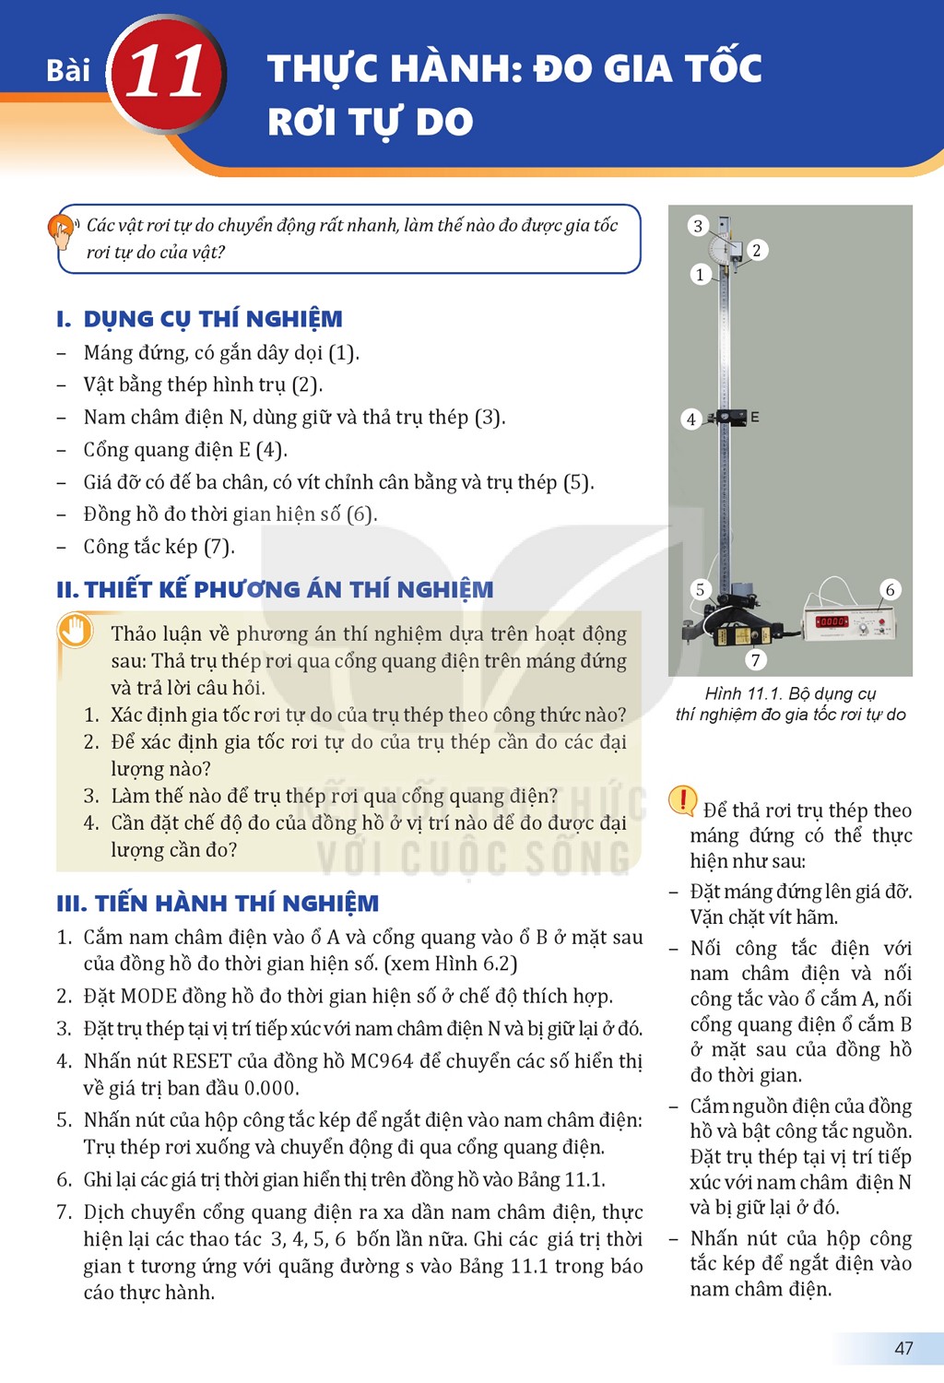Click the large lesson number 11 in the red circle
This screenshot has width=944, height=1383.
tap(165, 72)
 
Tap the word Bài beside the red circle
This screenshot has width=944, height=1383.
tap(68, 70)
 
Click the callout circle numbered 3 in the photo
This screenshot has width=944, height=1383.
tap(698, 226)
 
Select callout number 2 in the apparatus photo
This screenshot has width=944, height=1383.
tap(756, 250)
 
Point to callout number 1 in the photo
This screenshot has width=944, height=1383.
tap(700, 274)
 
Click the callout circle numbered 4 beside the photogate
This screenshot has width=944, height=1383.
tap(690, 420)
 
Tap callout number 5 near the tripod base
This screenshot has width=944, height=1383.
tap(700, 590)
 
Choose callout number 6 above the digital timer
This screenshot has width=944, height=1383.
tap(890, 590)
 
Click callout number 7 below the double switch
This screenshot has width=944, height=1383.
tap(755, 661)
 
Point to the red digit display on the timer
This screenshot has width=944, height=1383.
tap(831, 621)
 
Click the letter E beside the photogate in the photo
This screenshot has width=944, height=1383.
tap(754, 418)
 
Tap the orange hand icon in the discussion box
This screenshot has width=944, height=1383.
tap(75, 631)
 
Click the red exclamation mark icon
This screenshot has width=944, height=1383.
tap(683, 801)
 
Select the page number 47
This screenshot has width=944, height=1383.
tap(903, 1348)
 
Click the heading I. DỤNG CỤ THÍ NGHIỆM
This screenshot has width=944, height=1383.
tap(199, 319)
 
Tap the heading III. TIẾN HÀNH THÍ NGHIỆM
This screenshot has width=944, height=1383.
tap(218, 904)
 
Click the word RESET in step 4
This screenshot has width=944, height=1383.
tap(201, 1060)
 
